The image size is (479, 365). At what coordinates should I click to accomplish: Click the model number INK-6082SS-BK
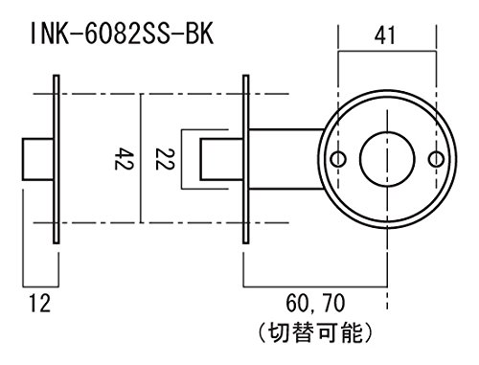pyautogui.click(x=122, y=34)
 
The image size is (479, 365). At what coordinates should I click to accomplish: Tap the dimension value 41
pyautogui.click(x=384, y=35)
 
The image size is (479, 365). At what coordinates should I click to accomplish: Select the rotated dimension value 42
pyautogui.click(x=125, y=158)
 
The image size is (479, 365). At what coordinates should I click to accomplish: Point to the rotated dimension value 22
pyautogui.click(x=165, y=159)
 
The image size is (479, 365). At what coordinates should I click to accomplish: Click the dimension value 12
pyautogui.click(x=40, y=303)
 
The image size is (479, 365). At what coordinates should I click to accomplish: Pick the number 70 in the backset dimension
pyautogui.click(x=334, y=303)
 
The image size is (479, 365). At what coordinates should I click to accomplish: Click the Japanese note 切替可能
pyautogui.click(x=315, y=332)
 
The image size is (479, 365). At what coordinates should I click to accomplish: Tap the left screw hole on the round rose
pyautogui.click(x=338, y=159)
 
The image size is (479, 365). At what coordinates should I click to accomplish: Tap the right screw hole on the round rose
pyautogui.click(x=436, y=159)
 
